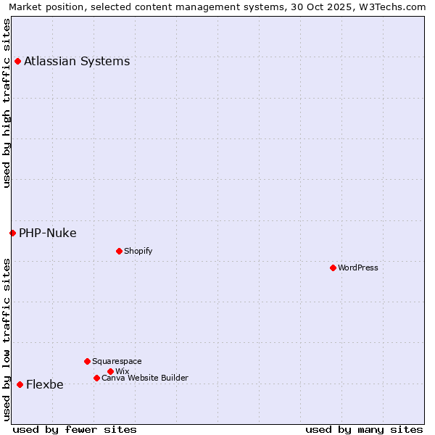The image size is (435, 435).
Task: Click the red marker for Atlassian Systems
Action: [17, 61]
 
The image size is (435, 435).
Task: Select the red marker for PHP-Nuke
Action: [12, 233]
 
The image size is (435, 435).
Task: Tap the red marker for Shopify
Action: [119, 251]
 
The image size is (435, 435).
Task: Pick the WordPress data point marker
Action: [333, 268]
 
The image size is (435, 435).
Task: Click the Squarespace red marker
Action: [87, 361]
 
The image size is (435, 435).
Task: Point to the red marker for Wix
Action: [110, 371]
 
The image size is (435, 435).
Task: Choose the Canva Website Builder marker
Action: [96, 378]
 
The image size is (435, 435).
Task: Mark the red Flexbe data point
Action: [20, 384]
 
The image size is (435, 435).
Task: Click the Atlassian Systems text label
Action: [77, 61]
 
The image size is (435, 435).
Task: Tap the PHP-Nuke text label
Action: [48, 233]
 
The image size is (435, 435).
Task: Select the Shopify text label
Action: [138, 251]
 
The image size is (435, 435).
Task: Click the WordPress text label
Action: [358, 268]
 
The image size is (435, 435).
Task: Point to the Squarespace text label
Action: [117, 361]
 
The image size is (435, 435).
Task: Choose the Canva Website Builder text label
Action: [145, 378]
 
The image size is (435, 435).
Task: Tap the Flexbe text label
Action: [45, 384]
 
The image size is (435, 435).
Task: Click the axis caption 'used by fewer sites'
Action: [75, 429]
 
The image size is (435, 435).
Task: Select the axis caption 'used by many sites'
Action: [364, 429]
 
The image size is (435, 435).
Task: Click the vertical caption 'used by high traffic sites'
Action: [7, 103]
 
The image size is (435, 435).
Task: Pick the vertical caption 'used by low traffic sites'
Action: [7, 339]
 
